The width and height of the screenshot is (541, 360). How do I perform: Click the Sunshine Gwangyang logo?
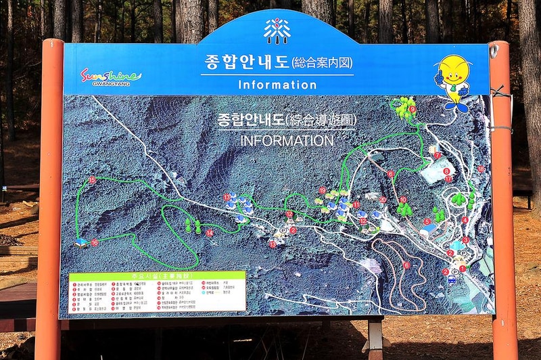pos(111,76)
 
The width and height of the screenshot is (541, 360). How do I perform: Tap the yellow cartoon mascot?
pos(453,81)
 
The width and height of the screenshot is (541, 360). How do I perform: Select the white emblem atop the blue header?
pos(277,31)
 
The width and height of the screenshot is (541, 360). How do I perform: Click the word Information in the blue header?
pos(277,85)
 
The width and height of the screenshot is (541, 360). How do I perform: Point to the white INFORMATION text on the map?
pos(287,141)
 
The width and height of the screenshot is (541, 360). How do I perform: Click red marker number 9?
pos(412,108)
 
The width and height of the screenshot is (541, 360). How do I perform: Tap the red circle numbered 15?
pos(92,180)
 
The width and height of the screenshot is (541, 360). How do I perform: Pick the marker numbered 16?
pos(94,242)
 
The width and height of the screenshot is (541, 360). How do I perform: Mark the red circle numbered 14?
pos(210,233)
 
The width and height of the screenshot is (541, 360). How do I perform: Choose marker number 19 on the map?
pos(322,191)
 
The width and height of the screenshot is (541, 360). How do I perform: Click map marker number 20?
pos(383,200)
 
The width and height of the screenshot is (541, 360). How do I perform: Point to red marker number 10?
pos(403,200)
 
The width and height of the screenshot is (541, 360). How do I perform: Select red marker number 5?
pos(427,221)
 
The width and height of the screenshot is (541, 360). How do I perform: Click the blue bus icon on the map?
pos(452,279)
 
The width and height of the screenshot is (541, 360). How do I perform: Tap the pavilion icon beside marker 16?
pos(82,242)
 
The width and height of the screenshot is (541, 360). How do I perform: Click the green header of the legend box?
pos(156,275)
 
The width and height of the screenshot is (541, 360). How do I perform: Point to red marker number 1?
pos(463,269)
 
